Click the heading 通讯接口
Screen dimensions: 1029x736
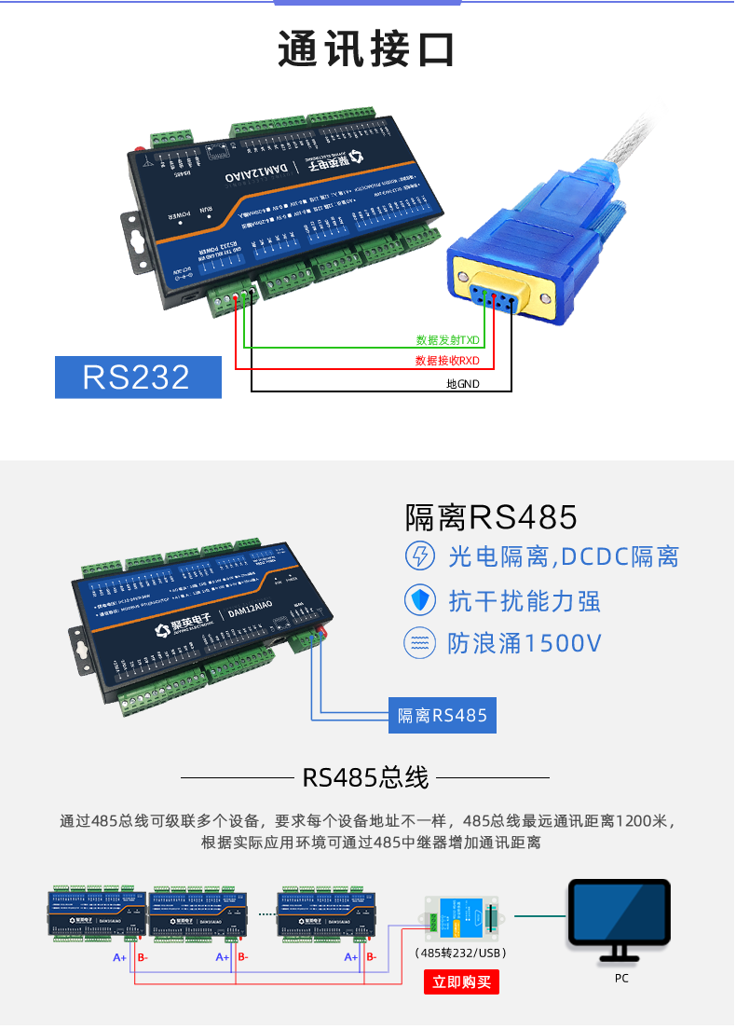pyautogui.click(x=366, y=49)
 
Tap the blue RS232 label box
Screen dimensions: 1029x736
pyautogui.click(x=137, y=377)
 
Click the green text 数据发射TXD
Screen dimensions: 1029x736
pyautogui.click(x=447, y=340)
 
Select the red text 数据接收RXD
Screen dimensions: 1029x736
pyautogui.click(x=447, y=361)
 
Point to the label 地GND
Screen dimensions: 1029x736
pyautogui.click(x=463, y=383)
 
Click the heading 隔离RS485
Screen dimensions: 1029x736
pyautogui.click(x=491, y=516)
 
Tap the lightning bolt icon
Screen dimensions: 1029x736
pyautogui.click(x=420, y=556)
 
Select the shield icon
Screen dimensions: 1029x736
pyautogui.click(x=420, y=600)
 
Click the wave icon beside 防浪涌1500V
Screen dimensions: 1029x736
pyautogui.click(x=420, y=643)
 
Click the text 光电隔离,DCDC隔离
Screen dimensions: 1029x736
pyautogui.click(x=563, y=557)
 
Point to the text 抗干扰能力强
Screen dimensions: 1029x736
pyautogui.click(x=525, y=601)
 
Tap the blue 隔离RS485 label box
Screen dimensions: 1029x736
pyautogui.click(x=443, y=716)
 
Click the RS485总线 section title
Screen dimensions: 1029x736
pyautogui.click(x=365, y=777)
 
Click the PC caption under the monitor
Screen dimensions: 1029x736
pyautogui.click(x=621, y=979)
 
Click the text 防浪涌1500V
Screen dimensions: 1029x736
pyautogui.click(x=525, y=644)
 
